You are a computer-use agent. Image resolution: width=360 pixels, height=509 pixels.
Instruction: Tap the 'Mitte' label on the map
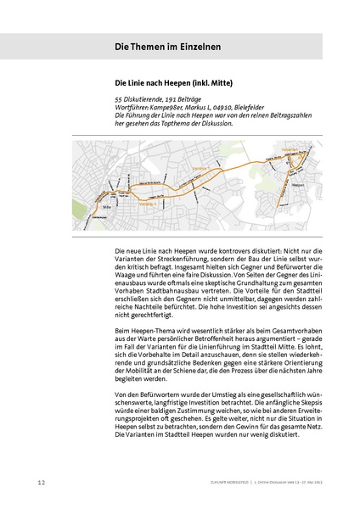[x=108, y=204]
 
